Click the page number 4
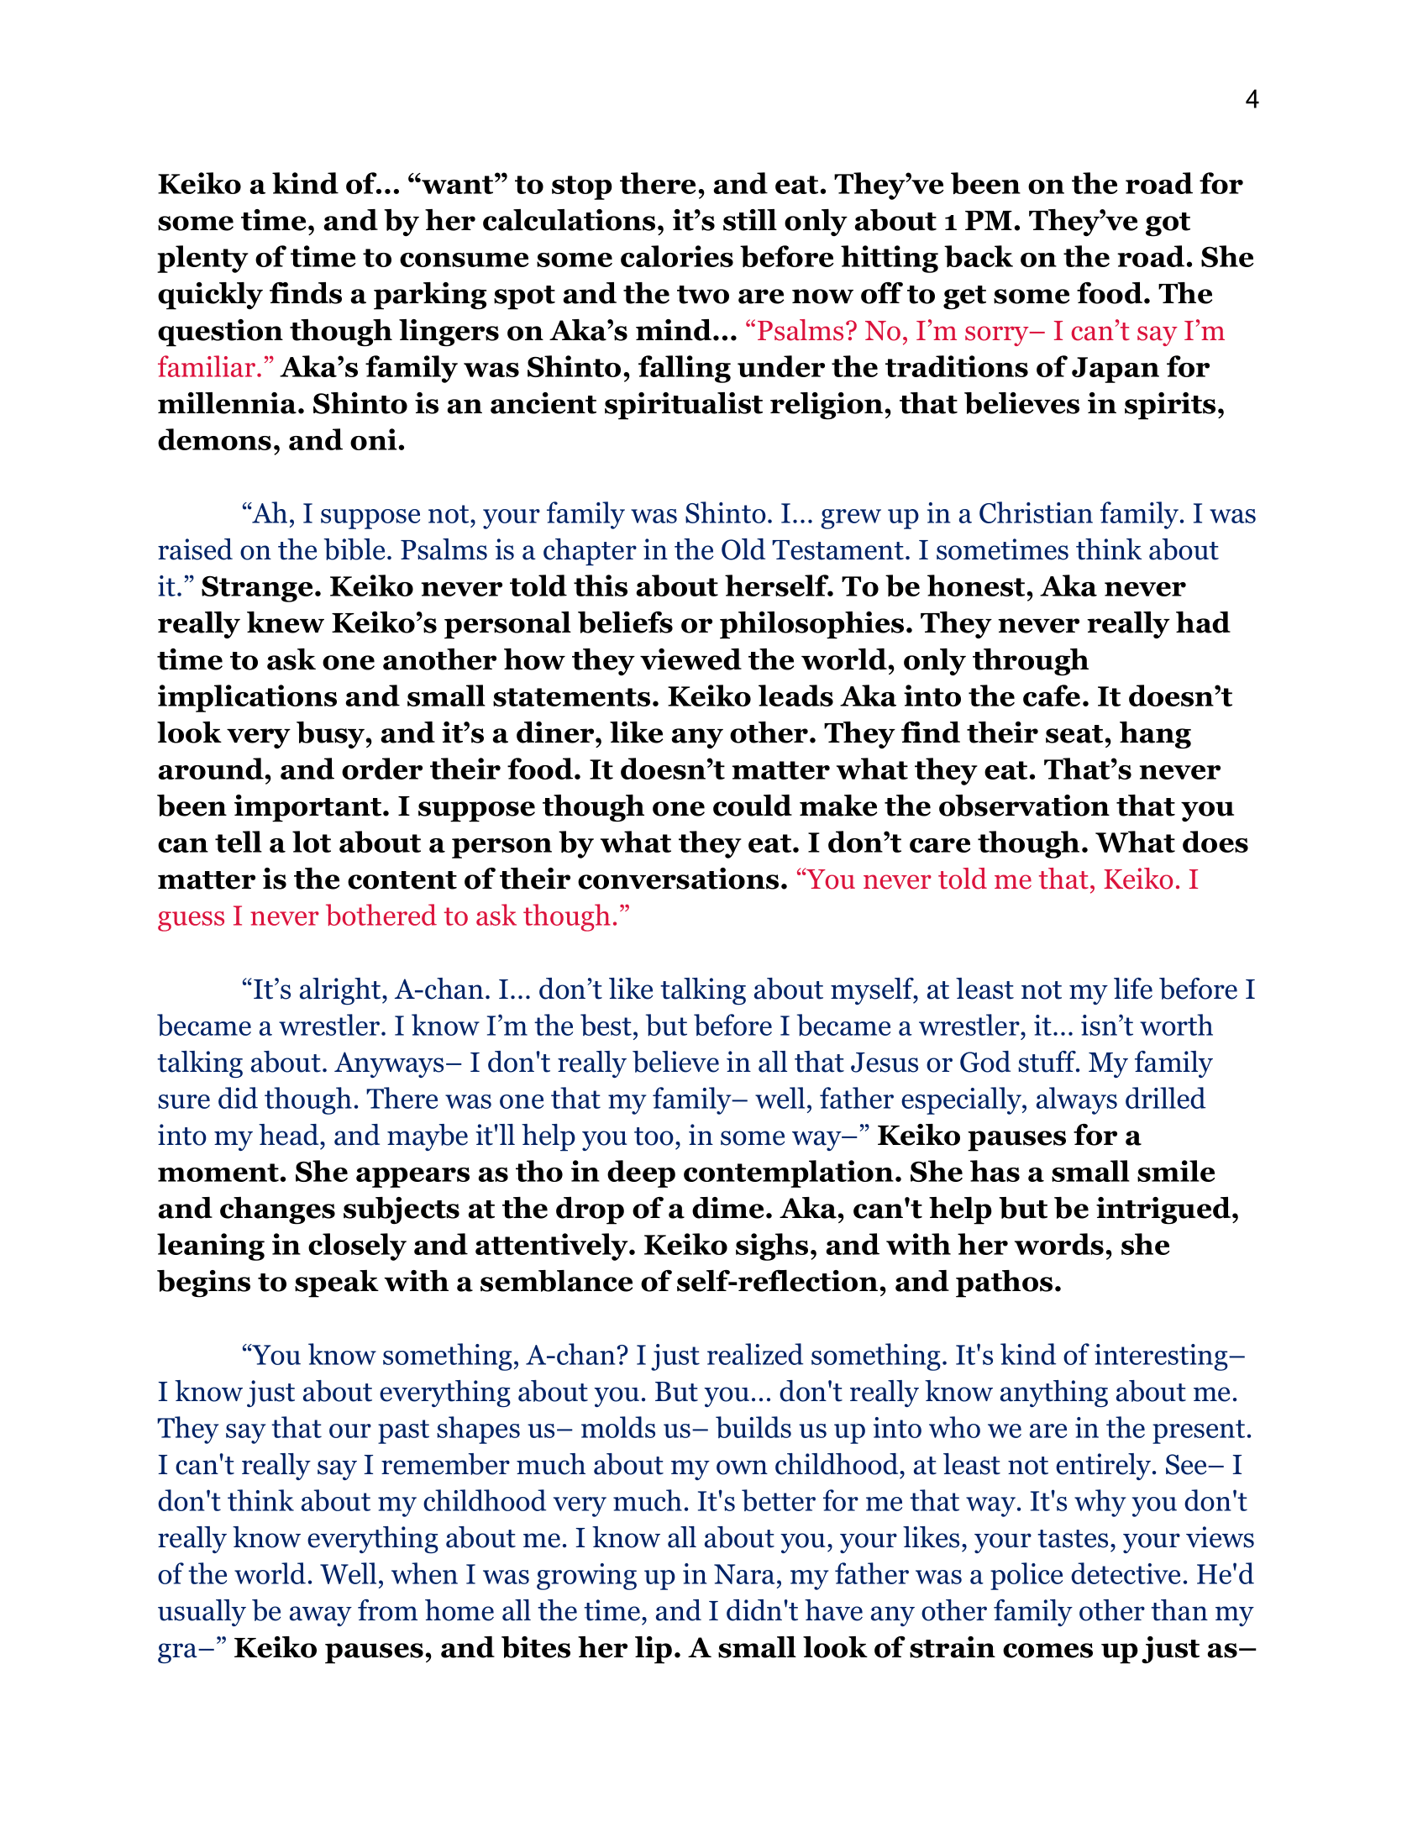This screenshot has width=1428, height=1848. [1252, 101]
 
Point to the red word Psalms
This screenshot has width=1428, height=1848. [802, 331]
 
